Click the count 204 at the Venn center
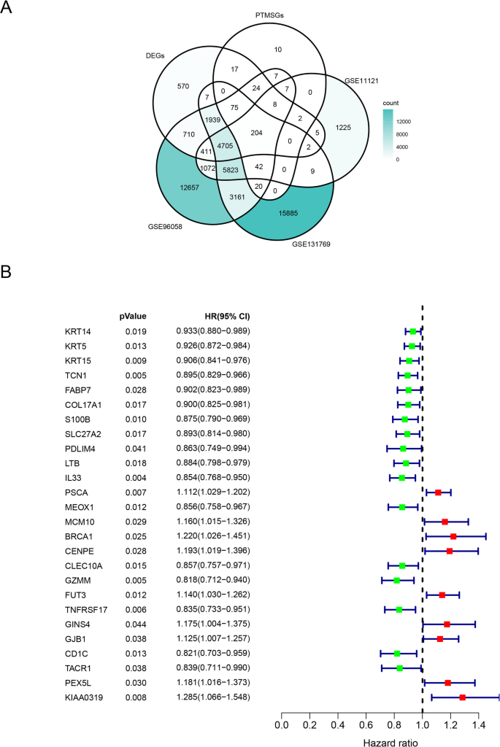(256, 133)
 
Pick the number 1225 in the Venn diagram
(342, 128)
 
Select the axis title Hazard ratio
(391, 739)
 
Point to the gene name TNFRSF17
(85, 609)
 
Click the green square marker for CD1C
(396, 653)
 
